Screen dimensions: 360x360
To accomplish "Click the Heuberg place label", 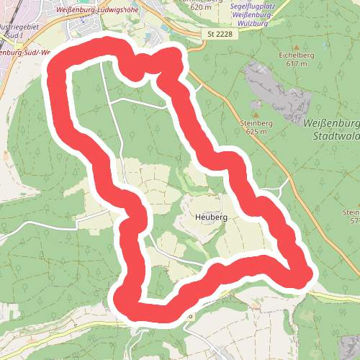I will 211,217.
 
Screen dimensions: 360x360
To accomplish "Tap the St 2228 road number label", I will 220,33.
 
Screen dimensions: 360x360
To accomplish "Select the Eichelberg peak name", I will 292,55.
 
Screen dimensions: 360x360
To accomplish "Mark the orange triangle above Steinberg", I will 256,114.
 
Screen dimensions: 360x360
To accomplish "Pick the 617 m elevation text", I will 296,63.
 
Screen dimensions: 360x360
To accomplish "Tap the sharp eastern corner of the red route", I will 307,274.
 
